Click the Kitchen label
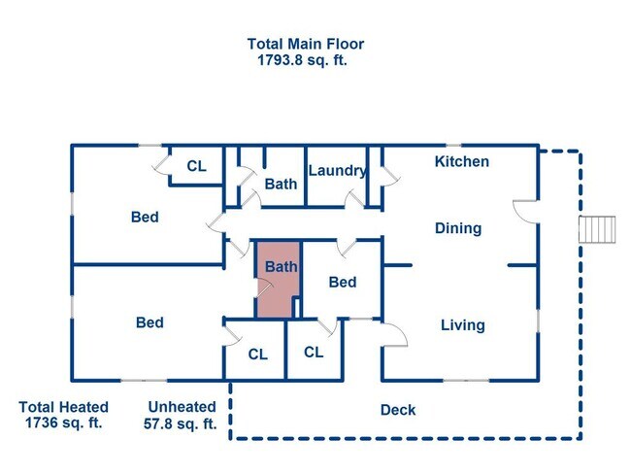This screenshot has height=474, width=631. (461, 161)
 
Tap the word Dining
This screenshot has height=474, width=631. (458, 228)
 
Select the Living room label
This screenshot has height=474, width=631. (463, 325)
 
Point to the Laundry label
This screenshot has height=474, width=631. (337, 171)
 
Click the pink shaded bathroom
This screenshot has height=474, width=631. (278, 280)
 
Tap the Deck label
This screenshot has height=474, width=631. (398, 410)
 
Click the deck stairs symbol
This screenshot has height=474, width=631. (597, 229)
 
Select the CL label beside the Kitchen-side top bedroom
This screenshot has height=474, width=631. (196, 166)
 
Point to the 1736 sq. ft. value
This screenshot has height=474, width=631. (63, 423)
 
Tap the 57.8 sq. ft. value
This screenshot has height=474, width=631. (181, 423)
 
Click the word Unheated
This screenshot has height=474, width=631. (182, 407)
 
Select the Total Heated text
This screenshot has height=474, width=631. (63, 407)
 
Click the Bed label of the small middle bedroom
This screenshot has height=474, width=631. (343, 282)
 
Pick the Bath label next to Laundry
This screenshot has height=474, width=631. (281, 184)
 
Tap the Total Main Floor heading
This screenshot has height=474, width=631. (306, 44)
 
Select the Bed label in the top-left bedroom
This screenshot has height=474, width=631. (145, 217)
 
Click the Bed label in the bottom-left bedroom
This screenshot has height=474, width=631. (149, 322)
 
